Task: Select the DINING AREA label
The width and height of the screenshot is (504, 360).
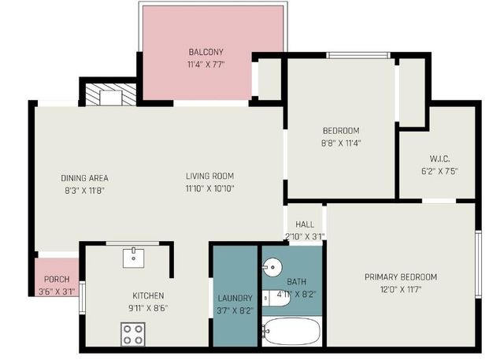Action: tap(84, 177)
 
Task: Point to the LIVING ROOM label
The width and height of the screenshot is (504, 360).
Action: tap(209, 176)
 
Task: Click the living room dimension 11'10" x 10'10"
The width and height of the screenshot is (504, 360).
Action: tap(209, 188)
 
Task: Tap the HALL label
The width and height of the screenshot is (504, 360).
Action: tap(305, 225)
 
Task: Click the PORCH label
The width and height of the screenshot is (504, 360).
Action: tap(56, 280)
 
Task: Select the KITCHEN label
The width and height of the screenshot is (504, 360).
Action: tap(148, 296)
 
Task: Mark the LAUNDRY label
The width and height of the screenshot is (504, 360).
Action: tap(235, 299)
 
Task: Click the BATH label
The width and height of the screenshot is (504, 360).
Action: tap(297, 281)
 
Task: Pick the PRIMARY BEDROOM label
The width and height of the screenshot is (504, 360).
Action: tap(400, 276)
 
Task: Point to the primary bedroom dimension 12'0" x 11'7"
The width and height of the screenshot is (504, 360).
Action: tap(400, 289)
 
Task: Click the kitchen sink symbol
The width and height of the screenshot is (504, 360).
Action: tap(133, 256)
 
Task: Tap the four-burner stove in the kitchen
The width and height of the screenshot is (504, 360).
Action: tap(132, 335)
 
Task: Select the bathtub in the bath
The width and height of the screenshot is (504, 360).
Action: tap(292, 331)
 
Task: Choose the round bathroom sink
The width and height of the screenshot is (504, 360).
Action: tap(272, 266)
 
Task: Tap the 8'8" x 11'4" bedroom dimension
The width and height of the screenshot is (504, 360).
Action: tap(340, 143)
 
